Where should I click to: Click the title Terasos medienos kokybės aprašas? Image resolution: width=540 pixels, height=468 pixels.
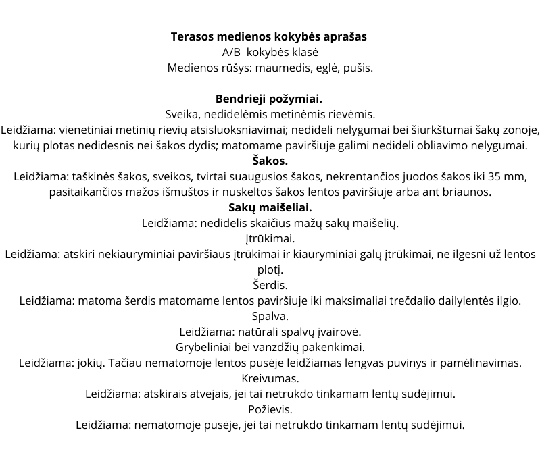269,36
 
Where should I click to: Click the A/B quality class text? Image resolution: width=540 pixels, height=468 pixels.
270,52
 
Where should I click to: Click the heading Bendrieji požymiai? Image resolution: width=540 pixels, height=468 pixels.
269,99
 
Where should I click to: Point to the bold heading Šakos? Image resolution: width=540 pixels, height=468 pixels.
270,161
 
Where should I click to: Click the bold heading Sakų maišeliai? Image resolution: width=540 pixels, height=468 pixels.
270,207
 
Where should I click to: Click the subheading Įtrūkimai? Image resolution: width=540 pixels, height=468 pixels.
270,238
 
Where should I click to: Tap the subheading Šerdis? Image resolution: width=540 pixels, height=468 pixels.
270,285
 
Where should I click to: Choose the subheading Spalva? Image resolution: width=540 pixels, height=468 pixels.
270,316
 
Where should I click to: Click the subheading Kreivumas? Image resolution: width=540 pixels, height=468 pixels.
270,378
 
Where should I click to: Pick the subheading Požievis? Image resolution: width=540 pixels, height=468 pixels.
270,409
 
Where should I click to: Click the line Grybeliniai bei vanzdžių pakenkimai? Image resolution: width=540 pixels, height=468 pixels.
270,347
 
